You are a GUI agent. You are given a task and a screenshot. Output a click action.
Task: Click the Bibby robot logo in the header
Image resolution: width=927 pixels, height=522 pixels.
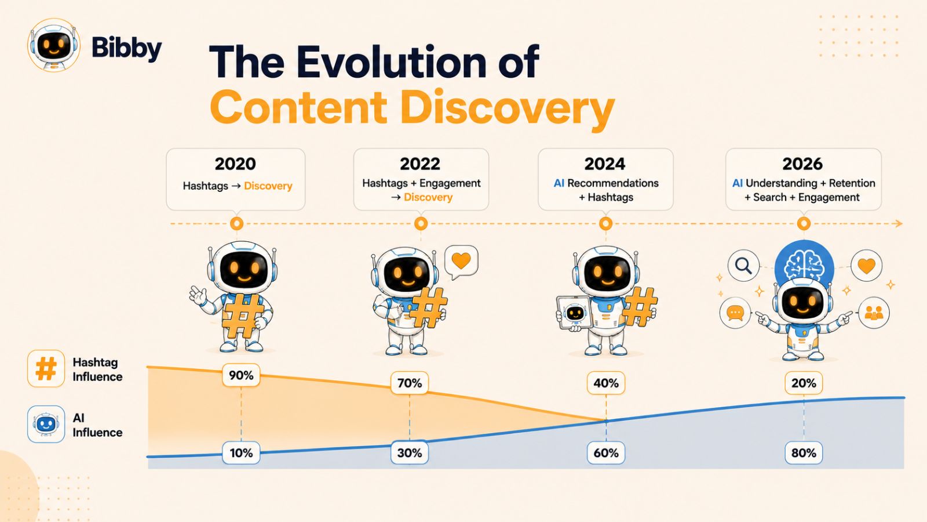point(53,45)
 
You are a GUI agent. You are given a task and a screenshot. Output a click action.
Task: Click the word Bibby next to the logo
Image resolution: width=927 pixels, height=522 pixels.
point(127,49)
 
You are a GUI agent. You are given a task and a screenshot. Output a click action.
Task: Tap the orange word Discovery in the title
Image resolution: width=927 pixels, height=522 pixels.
point(507,107)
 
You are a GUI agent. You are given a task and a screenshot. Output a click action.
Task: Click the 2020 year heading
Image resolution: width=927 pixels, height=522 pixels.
point(235,164)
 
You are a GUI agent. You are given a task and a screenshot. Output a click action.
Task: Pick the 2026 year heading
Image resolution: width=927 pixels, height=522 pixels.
point(802,164)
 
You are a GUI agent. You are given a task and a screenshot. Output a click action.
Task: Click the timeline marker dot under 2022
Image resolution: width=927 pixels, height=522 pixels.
point(421,224)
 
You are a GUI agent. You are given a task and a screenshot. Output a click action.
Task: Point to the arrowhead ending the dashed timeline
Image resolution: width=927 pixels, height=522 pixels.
point(897,224)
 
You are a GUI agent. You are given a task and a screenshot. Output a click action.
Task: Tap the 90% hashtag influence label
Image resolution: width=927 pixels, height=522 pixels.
point(241,375)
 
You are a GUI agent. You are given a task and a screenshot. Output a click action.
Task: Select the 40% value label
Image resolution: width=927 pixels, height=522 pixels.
point(606,383)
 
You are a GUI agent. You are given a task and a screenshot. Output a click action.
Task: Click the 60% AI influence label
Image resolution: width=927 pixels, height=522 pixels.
point(606,453)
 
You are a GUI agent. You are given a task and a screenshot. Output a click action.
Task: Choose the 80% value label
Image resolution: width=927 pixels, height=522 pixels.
point(804,453)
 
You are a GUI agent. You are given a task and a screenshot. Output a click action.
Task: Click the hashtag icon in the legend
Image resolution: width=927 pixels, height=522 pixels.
point(46,368)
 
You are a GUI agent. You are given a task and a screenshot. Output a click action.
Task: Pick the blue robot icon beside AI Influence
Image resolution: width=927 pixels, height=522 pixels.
point(46,424)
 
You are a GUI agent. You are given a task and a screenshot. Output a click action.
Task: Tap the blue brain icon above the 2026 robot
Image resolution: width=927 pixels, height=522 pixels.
point(804,265)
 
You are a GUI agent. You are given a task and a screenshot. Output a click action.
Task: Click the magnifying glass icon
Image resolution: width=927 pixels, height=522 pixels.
point(744,266)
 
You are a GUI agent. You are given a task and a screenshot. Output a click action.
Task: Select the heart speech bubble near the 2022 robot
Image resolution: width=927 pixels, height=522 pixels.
point(461,262)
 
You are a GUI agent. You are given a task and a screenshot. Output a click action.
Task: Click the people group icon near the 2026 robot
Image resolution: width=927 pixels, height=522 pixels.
point(874,313)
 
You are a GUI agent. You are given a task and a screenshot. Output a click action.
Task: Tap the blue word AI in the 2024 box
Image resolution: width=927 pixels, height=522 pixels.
point(559,183)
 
